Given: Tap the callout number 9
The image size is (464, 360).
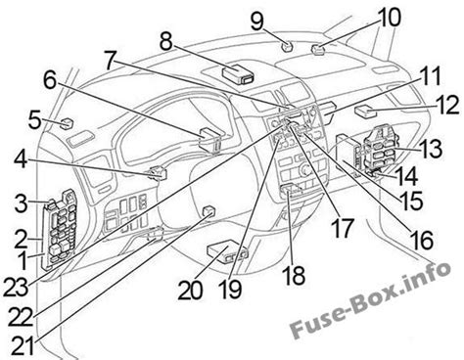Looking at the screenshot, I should tap(256, 18).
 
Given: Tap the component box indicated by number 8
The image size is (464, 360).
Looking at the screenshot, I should tap(239, 70).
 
